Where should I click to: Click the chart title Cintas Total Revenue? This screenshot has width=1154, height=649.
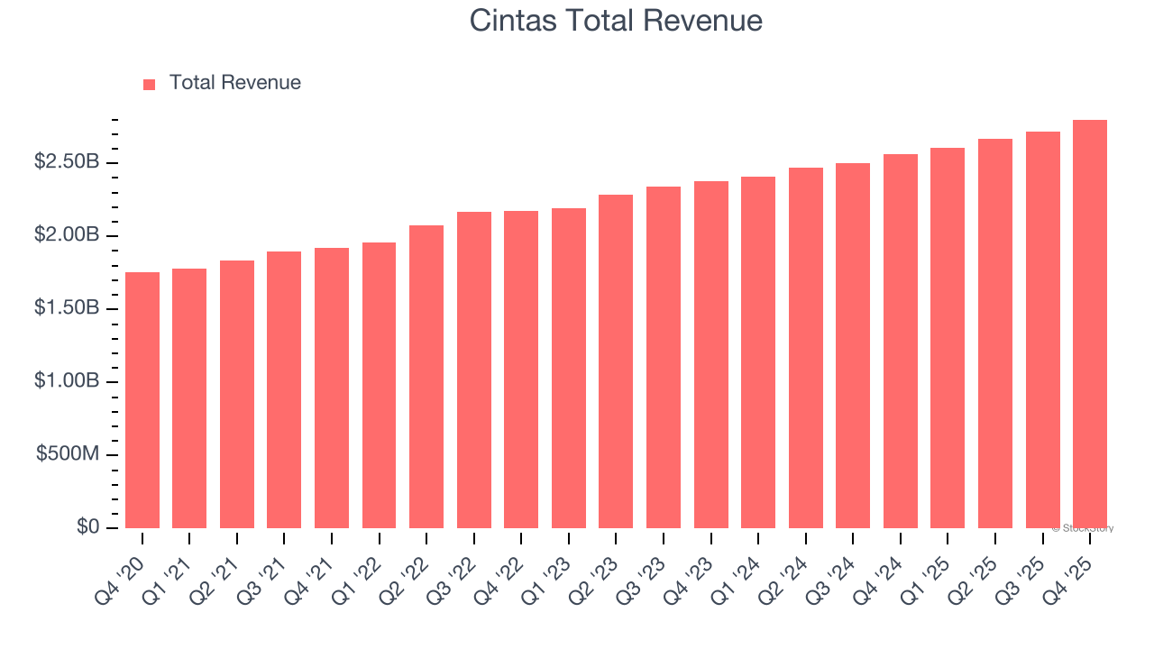pyautogui.click(x=616, y=21)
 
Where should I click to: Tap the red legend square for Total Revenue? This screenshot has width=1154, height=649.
pyautogui.click(x=150, y=84)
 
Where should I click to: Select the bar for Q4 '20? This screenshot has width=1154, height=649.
pyautogui.click(x=142, y=400)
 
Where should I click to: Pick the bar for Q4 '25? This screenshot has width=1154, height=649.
pyautogui.click(x=1090, y=324)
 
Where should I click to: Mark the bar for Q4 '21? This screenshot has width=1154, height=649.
pyautogui.click(x=332, y=388)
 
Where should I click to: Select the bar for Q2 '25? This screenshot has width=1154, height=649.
pyautogui.click(x=995, y=334)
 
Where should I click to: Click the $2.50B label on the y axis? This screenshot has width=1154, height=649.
pyautogui.click(x=67, y=162)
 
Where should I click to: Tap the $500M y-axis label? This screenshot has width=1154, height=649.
pyautogui.click(x=68, y=454)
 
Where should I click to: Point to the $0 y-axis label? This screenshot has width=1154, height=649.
pyautogui.click(x=87, y=527)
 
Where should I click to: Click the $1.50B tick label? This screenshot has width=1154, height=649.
pyautogui.click(x=67, y=308)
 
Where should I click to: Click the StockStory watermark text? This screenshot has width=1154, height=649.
pyautogui.click(x=1083, y=528)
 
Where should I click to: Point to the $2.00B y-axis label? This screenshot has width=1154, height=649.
pyautogui.click(x=67, y=235)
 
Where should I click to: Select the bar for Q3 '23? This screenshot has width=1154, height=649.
pyautogui.click(x=664, y=357)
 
